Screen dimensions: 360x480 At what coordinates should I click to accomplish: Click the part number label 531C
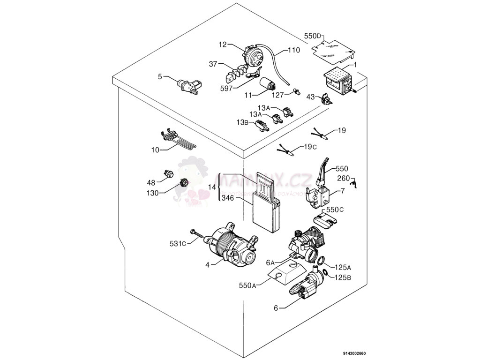(x=177, y=243)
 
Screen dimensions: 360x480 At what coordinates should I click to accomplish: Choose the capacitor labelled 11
(x=269, y=85)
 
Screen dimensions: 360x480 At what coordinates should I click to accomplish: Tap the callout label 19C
(x=310, y=147)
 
